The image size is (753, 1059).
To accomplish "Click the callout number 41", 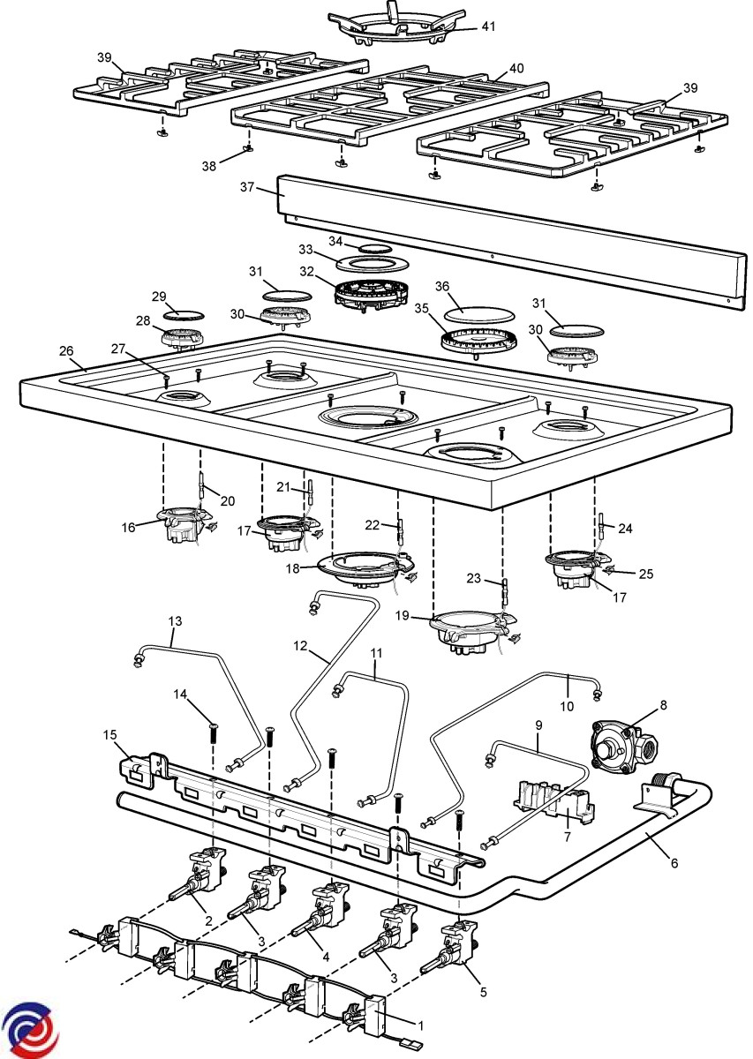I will [488, 26].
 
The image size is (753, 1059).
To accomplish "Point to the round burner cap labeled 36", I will [468, 312].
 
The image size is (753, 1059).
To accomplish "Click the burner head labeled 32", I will [371, 291].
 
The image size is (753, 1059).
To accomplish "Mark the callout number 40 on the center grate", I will [516, 67].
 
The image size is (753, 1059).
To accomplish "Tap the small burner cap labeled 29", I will [184, 313].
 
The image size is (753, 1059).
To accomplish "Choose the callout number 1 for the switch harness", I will [421, 1025].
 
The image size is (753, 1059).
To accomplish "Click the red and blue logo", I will [26, 1029].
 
